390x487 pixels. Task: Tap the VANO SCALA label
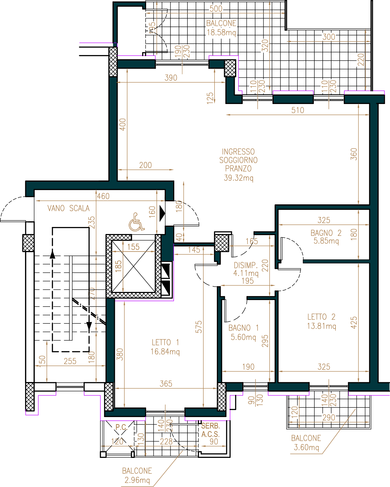click(x=68, y=208)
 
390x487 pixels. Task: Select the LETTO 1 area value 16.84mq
click(x=165, y=352)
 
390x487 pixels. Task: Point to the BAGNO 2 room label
click(x=326, y=233)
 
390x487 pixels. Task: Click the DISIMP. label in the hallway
click(x=246, y=265)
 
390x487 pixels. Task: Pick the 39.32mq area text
click(x=238, y=178)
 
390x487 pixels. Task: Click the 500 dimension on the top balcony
click(x=216, y=9)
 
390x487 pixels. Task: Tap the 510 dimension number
click(x=297, y=110)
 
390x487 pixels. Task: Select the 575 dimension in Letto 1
click(x=199, y=327)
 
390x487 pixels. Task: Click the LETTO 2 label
click(x=321, y=317)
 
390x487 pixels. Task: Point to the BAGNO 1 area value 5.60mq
click(x=243, y=337)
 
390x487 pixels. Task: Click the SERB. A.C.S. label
click(x=211, y=430)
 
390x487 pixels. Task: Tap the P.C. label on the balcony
click(x=121, y=427)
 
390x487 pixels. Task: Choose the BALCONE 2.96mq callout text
click(x=137, y=476)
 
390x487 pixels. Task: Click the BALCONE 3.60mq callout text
click(x=306, y=443)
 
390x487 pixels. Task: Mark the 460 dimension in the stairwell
click(x=103, y=196)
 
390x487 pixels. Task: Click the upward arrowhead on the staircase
click(x=53, y=254)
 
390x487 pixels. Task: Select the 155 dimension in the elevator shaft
click(x=133, y=247)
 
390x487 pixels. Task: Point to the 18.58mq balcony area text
click(x=221, y=33)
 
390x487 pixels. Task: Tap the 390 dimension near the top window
click(x=171, y=78)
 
